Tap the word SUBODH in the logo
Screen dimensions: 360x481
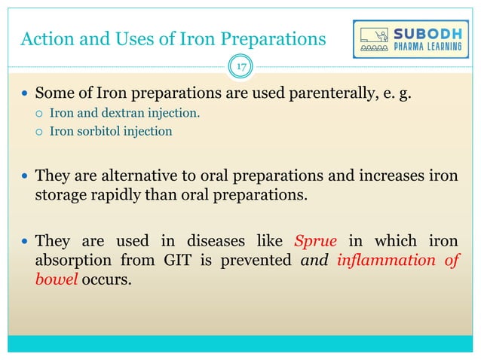click(x=425, y=33)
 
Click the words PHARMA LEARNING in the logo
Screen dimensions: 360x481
click(x=425, y=47)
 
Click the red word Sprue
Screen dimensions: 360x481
click(x=311, y=242)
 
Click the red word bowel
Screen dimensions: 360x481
click(x=56, y=279)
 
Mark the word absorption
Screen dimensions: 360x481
click(x=73, y=261)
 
